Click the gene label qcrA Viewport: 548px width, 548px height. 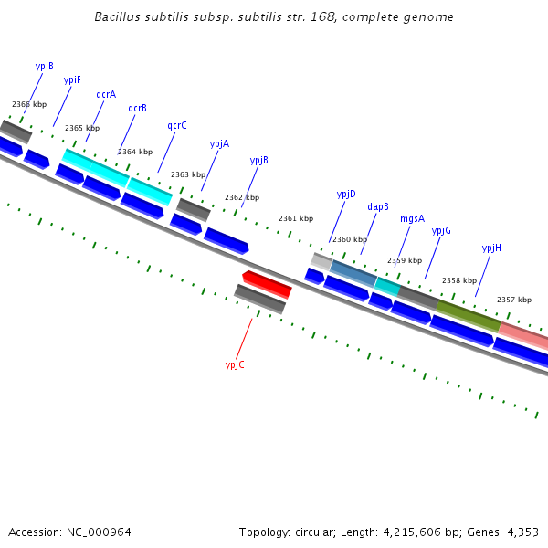(106, 94)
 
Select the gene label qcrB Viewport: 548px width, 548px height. (137, 108)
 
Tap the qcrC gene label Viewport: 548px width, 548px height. (177, 125)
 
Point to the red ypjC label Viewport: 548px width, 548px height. (235, 364)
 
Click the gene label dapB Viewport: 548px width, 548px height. (378, 206)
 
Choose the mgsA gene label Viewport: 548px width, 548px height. (412, 218)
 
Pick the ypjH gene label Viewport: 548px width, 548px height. (491, 248)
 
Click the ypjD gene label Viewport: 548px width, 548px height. (346, 194)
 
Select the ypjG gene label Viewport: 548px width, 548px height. (441, 230)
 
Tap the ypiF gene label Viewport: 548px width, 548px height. (72, 79)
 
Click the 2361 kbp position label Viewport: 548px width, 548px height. (296, 218)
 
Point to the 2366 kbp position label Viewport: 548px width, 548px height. (29, 105)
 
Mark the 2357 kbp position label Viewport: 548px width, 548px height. (514, 300)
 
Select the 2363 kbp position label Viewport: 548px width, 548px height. (188, 174)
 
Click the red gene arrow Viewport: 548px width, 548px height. (267, 283)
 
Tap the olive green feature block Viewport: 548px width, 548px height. (468, 313)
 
